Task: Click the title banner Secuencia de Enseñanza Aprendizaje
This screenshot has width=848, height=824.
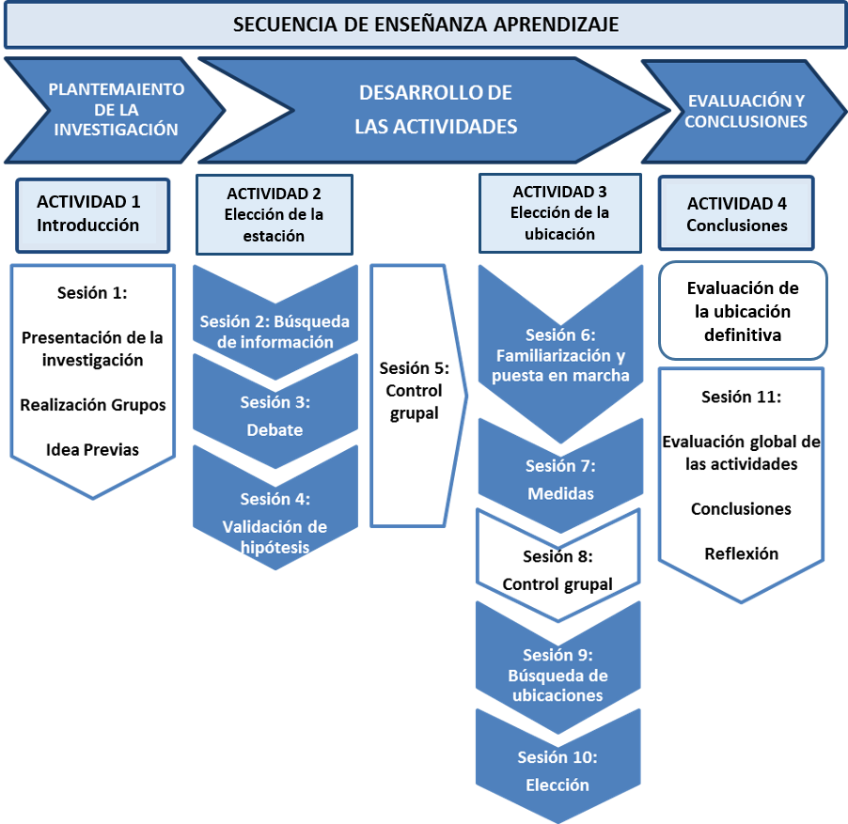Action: click(424, 24)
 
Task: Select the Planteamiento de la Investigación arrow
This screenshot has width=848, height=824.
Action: click(115, 110)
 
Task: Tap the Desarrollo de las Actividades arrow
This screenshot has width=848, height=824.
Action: click(434, 110)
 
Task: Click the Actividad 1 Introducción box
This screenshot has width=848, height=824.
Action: click(92, 214)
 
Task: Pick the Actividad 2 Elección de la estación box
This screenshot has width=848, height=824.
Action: click(274, 214)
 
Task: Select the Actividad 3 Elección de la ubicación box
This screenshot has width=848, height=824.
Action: click(559, 213)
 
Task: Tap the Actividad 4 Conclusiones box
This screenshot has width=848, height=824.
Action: click(737, 214)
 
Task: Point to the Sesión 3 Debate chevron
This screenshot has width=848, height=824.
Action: click(275, 416)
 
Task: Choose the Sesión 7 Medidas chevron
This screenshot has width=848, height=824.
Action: click(559, 479)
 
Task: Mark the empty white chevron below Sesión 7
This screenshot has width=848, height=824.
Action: click(559, 558)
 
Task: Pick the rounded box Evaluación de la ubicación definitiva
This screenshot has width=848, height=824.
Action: click(743, 310)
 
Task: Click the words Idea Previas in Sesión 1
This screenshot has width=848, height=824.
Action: click(92, 450)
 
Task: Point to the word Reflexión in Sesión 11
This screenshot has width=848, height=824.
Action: click(741, 553)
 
